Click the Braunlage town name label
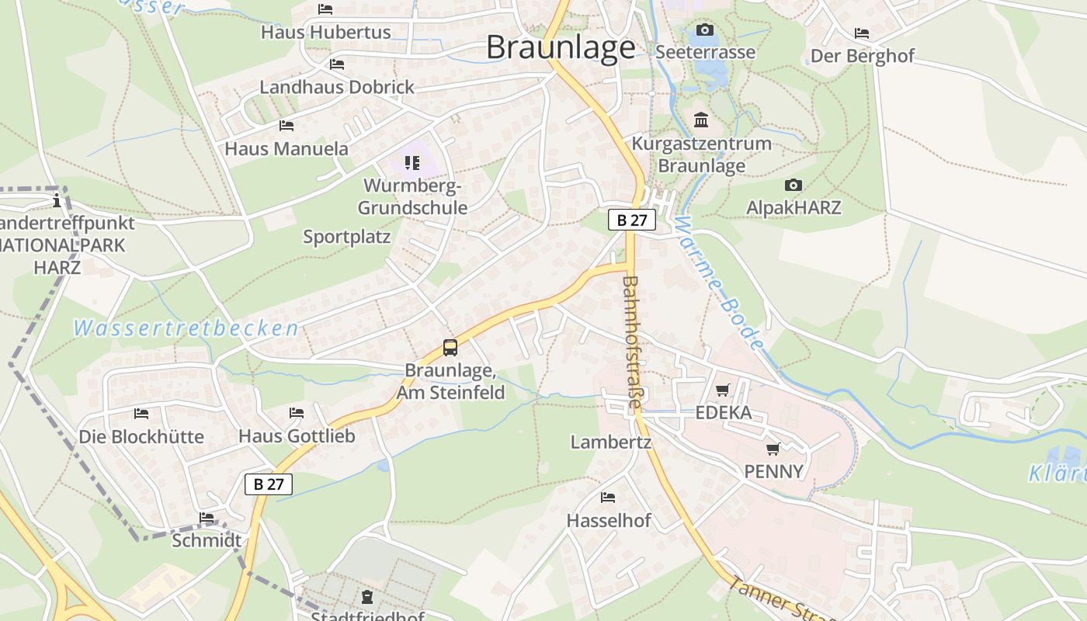click(x=561, y=47)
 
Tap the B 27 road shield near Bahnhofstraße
click(x=631, y=220)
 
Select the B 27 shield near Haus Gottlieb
click(x=269, y=484)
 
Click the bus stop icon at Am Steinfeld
click(x=450, y=347)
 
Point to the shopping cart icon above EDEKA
click(x=723, y=390)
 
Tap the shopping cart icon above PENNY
click(x=773, y=449)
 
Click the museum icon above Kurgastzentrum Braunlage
click(x=701, y=120)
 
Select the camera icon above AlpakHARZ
click(x=793, y=185)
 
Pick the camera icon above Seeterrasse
click(x=705, y=29)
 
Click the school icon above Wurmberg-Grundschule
click(x=412, y=162)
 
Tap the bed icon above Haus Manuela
click(x=287, y=125)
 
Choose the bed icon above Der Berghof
click(x=862, y=33)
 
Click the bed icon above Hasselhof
click(x=608, y=497)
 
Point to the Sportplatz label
click(x=346, y=237)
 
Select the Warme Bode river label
click(x=719, y=283)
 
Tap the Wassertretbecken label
click(x=186, y=328)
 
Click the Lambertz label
click(x=611, y=442)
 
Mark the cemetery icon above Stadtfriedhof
click(x=366, y=596)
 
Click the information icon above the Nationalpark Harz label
click(x=56, y=201)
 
